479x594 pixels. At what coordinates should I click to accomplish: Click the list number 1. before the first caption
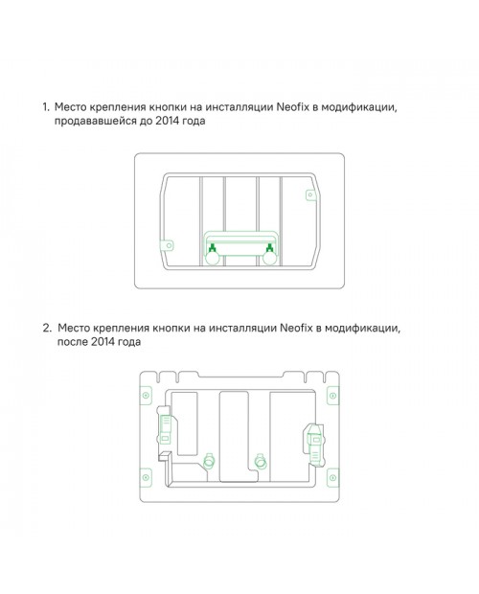[x=46, y=107]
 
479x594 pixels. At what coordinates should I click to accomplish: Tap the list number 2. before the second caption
[x=47, y=328]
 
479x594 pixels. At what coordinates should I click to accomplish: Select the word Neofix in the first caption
[x=293, y=107]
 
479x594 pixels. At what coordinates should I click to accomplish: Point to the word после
[x=72, y=342]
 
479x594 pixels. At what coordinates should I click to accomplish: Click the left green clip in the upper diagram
[x=213, y=248]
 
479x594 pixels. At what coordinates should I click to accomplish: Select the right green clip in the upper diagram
[x=269, y=248]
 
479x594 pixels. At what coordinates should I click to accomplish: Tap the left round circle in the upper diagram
[x=212, y=259]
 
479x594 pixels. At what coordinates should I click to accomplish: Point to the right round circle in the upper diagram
[x=269, y=259]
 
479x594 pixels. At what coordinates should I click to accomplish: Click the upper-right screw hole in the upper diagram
[x=310, y=194]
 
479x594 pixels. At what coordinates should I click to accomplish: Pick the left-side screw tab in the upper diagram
[x=168, y=245]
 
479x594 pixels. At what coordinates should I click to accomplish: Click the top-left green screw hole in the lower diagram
[x=146, y=396]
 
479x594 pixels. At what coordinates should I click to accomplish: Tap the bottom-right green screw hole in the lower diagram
[x=332, y=477]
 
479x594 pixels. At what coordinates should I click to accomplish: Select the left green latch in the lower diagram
[x=165, y=427]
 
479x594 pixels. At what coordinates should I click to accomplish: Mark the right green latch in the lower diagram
[x=315, y=443]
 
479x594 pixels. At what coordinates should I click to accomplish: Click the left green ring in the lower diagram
[x=209, y=461]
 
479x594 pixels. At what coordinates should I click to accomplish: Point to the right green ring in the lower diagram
[x=261, y=461]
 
